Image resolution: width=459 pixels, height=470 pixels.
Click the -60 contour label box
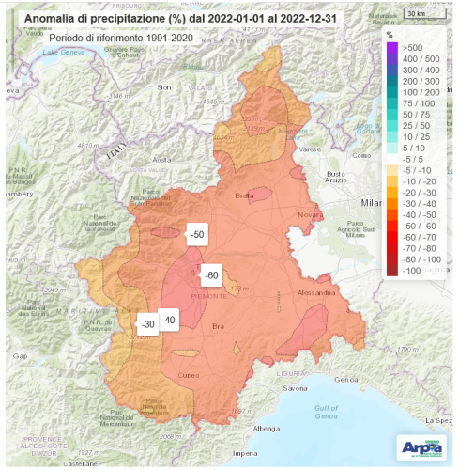coord(211,274)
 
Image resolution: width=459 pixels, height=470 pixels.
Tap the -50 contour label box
coord(197,234)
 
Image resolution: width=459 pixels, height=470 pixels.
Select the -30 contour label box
coord(147,324)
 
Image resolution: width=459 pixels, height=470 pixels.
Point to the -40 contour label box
coord(169,321)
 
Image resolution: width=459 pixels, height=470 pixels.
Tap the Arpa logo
coord(422,446)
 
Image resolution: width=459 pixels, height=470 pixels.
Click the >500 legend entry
coord(411,46)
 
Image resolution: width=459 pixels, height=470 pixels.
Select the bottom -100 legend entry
coord(410,271)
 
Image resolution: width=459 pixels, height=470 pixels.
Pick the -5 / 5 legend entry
coord(410,158)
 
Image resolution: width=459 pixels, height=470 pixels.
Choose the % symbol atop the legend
coord(390,34)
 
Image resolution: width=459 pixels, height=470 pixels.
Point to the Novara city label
coord(310,215)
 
